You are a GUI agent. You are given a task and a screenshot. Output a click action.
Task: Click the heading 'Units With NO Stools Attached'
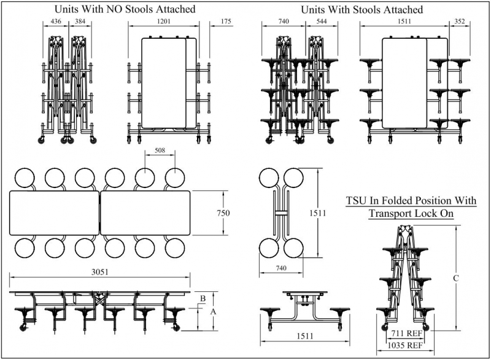[x=125, y=9]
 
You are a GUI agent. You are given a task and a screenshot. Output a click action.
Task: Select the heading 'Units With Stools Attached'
[x=362, y=9]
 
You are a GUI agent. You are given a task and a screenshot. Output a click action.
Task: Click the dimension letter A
[x=213, y=311]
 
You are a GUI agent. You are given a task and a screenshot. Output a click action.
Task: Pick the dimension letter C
[x=455, y=278]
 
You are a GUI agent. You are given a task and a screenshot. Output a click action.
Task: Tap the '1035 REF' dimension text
[x=406, y=346]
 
